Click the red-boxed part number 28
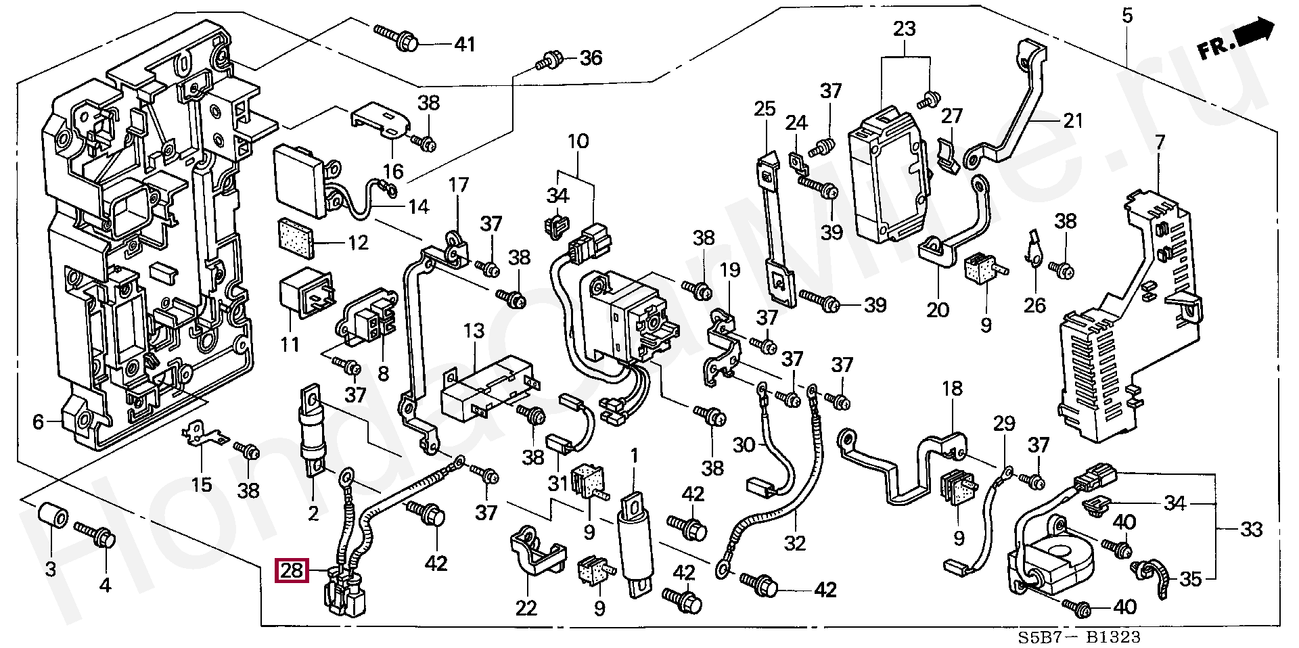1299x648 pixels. tap(292, 571)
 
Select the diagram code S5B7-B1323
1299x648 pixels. tap(1079, 637)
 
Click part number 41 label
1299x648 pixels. tap(464, 45)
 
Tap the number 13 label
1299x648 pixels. tap(474, 331)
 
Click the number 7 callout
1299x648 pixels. tap(1160, 143)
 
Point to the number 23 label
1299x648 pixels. tap(904, 29)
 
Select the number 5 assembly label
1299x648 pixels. tap(1126, 15)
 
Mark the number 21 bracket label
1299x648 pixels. tap(1073, 120)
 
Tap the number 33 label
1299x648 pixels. tap(1251, 529)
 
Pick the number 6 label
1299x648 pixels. tap(38, 423)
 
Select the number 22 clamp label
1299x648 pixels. tap(526, 608)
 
